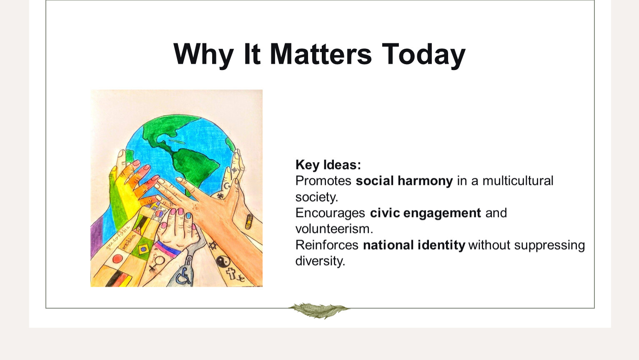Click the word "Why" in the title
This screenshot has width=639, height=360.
coord(203,55)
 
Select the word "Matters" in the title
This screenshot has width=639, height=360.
coord(321,54)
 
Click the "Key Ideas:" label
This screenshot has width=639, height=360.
coord(328,165)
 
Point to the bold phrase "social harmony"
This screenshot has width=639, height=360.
coord(404,181)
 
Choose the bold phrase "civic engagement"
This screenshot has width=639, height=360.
coord(425,213)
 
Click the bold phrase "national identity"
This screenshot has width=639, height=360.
coord(414,245)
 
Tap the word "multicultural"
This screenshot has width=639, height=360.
coord(518,181)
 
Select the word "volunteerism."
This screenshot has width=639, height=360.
coord(334,229)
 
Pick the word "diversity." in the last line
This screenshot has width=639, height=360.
coord(320,261)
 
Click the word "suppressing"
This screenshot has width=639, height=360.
coord(549,245)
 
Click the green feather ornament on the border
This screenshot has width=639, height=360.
coord(319,310)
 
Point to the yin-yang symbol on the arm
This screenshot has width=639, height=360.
coord(223,261)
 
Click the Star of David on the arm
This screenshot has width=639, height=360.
coord(212,245)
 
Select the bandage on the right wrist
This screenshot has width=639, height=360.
coord(249,221)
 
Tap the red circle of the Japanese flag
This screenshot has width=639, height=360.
coord(118,259)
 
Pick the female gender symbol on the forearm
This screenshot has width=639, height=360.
coord(157,262)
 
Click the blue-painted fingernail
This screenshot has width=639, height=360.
coord(188,216)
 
